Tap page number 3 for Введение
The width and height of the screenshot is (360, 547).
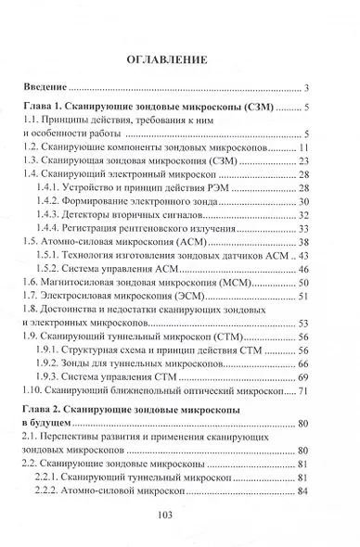[306, 89]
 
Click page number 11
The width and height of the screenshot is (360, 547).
[302, 148]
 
